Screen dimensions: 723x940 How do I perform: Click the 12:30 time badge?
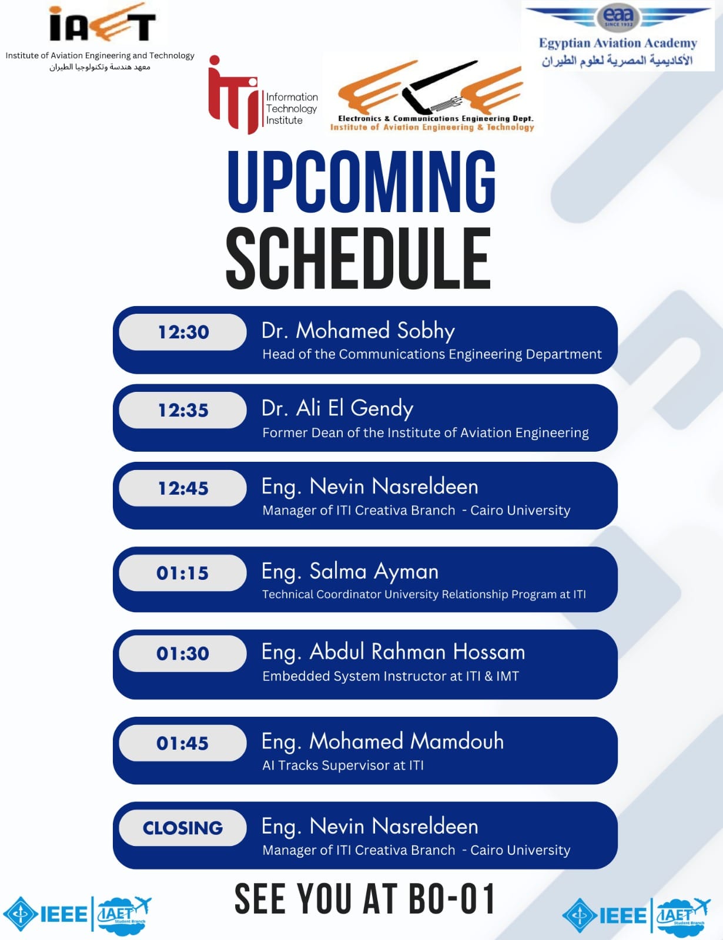coord(183,332)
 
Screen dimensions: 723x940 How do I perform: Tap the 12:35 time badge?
coord(183,410)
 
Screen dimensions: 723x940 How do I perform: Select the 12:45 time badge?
coord(183,488)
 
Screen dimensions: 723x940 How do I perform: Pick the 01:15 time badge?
coord(183,573)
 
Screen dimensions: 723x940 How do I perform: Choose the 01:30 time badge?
coord(183,654)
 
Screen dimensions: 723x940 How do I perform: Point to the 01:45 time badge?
coord(183,743)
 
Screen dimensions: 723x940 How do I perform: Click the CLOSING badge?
coord(183,828)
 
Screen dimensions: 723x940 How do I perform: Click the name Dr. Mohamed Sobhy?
coord(358,331)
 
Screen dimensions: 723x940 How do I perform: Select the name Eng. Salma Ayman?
coord(350,572)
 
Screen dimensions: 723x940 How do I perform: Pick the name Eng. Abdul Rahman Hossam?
coord(393,652)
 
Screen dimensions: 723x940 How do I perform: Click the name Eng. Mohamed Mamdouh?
coord(383,742)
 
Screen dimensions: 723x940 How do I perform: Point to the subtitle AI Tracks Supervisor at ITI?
coord(343,766)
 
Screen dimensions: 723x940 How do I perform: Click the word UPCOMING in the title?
coord(361,182)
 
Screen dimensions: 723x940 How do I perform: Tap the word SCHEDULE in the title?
coord(359,258)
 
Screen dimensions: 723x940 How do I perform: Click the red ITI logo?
coord(233,95)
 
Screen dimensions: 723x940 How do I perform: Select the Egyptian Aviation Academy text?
coord(618,43)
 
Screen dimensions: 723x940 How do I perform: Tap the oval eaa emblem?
coord(618,17)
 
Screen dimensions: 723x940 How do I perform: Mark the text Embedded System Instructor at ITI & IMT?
coord(391,676)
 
